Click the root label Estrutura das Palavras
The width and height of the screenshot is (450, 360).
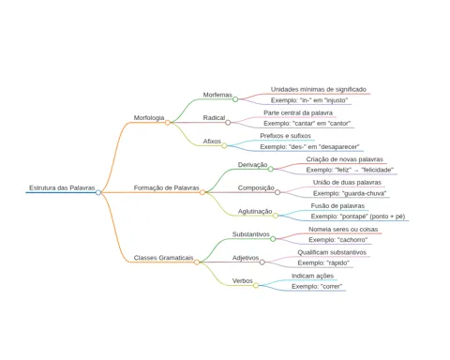[x=62, y=187]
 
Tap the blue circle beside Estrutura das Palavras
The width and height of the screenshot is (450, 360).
[x=98, y=192]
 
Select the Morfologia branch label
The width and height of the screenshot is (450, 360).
[x=149, y=118]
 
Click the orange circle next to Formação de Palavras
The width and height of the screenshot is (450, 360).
[x=202, y=192]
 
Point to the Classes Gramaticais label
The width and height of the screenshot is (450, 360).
[x=163, y=258]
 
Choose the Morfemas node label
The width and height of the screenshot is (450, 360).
[x=217, y=95]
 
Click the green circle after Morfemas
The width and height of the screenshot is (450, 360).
[x=235, y=99]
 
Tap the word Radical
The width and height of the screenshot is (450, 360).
[x=214, y=118]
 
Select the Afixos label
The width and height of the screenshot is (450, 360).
[x=212, y=142]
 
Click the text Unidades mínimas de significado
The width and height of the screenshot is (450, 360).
[x=319, y=89]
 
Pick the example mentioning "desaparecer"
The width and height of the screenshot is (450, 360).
[x=309, y=146]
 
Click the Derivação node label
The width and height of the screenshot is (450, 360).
[x=252, y=165]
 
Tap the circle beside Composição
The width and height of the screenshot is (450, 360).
[x=277, y=192]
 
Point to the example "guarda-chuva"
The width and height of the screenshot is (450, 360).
[x=350, y=193]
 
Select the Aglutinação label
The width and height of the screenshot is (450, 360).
[x=255, y=211]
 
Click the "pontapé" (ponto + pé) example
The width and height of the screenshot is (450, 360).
[x=358, y=217]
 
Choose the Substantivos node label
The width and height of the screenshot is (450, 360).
[x=250, y=234]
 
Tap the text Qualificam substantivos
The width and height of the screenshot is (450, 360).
[x=332, y=252]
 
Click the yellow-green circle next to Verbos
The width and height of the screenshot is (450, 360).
[x=256, y=285]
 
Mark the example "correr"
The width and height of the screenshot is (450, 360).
[x=317, y=286]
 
